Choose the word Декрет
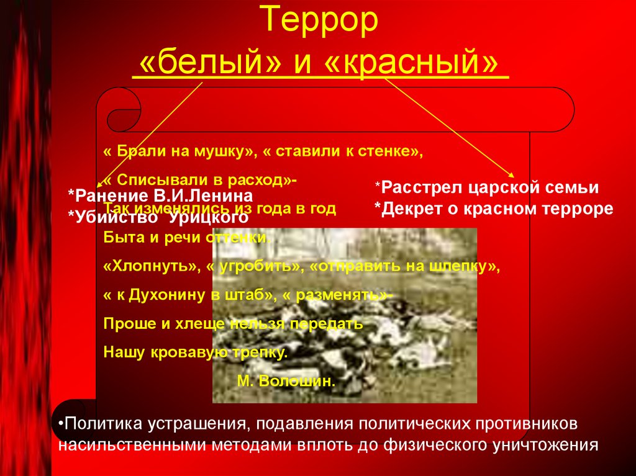point(407,209)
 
